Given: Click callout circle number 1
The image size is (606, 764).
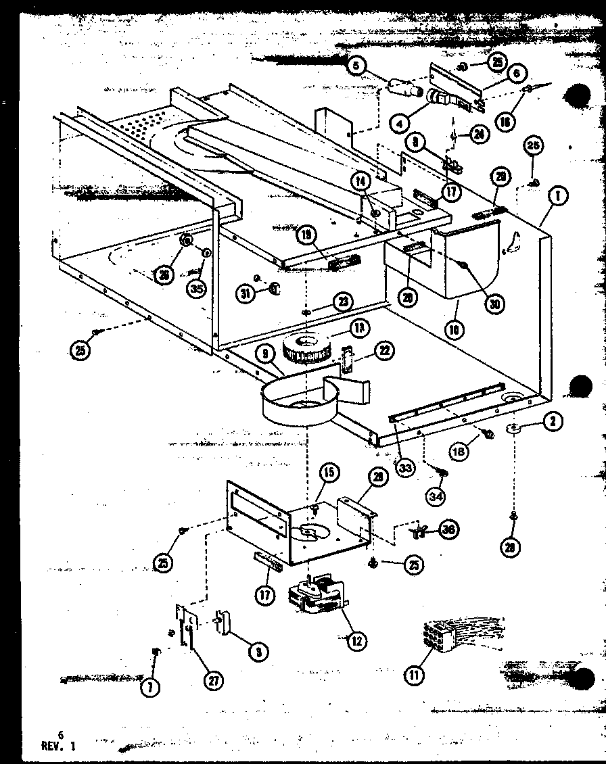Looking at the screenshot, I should pos(559,196).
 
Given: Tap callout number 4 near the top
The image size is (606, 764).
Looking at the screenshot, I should pos(400,124).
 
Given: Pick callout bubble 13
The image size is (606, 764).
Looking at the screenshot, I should pos(359,329).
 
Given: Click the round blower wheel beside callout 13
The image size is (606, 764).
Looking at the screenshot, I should pos(307,348).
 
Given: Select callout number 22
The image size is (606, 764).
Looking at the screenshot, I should pos(384,350).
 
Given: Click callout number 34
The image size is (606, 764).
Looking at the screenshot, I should pos(436,498).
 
